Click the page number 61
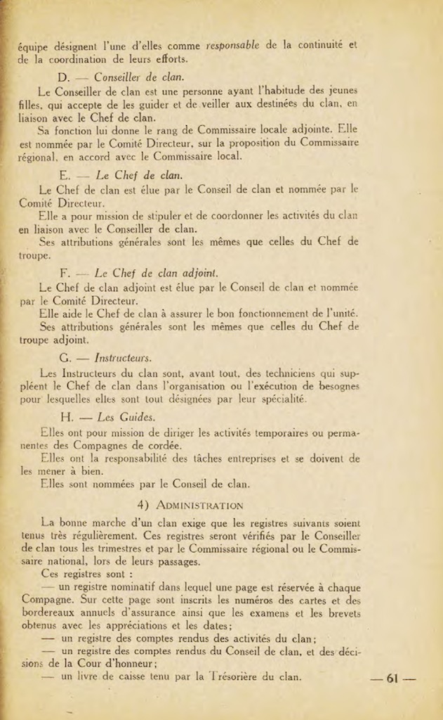392,679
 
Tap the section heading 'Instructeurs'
122,357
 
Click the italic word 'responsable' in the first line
232,44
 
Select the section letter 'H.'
67,417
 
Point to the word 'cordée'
162,444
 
